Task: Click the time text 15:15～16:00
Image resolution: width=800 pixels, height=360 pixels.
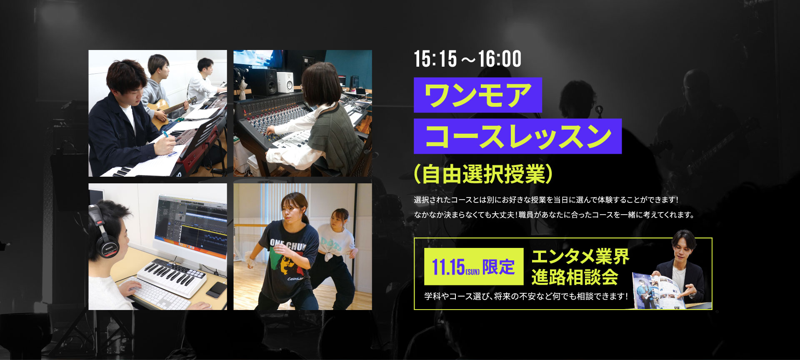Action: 467,59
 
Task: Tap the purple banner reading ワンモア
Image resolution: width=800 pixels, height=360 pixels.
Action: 477,95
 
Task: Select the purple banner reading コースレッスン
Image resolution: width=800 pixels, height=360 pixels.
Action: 517,136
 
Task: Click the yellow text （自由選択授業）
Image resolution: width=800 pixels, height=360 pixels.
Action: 483,174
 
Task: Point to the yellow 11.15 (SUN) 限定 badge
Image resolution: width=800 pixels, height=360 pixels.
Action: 474,267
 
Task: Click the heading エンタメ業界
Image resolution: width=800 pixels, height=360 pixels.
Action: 580,257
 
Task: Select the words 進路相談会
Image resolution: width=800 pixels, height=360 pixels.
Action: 575,277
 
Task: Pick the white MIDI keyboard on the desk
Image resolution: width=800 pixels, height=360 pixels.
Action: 172,277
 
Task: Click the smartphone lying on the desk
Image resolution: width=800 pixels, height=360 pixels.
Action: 217,290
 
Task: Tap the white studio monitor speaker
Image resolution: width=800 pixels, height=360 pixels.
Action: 285,82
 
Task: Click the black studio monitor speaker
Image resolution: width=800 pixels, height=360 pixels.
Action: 264,82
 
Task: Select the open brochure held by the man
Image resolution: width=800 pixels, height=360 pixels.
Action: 660,292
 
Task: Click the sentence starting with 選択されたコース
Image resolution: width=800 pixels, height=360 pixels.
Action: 546,200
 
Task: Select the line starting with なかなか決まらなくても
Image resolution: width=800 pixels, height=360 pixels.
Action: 554,215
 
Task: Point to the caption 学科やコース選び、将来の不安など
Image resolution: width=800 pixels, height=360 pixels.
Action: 526,296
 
